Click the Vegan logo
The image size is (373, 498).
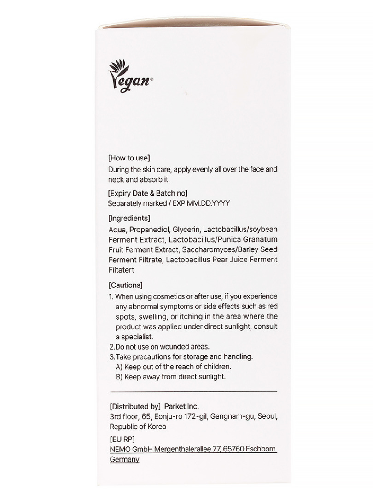130,79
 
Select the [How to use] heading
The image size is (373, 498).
129,158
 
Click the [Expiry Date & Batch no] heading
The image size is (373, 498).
147,193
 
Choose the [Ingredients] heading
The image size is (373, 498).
129,218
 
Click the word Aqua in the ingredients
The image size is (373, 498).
117,230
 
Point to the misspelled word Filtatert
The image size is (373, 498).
121,270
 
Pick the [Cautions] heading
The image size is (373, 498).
125,285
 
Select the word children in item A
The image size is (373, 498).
216,367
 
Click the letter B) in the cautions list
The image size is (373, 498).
119,377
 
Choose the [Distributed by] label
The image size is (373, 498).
135,406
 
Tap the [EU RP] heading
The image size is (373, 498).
122,439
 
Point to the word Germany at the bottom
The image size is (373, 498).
124,459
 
